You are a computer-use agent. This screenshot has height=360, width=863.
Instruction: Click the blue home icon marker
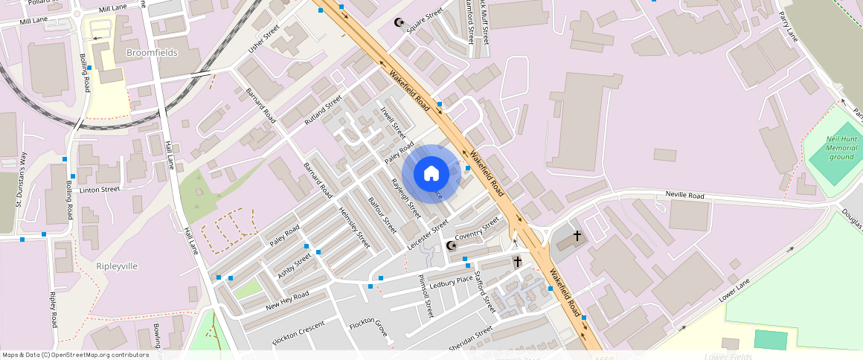point(431,173)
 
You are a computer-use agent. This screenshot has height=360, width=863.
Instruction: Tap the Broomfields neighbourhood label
point(153,53)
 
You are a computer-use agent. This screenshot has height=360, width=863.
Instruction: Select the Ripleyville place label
point(118,266)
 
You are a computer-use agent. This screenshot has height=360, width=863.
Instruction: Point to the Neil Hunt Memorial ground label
point(841,147)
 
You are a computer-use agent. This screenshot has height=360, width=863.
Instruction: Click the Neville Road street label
point(686,196)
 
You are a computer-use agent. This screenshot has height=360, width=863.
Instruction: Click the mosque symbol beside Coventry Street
point(451,245)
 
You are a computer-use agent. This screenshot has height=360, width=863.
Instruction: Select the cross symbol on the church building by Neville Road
point(577,236)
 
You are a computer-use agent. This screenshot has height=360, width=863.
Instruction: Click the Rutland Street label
point(323,110)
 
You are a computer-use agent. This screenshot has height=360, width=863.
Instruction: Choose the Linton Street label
point(100,190)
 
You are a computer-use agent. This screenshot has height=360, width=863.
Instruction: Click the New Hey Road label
point(286,300)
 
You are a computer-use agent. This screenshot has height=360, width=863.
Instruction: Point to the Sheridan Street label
point(470,338)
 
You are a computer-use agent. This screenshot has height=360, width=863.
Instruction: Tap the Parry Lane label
point(787,27)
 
